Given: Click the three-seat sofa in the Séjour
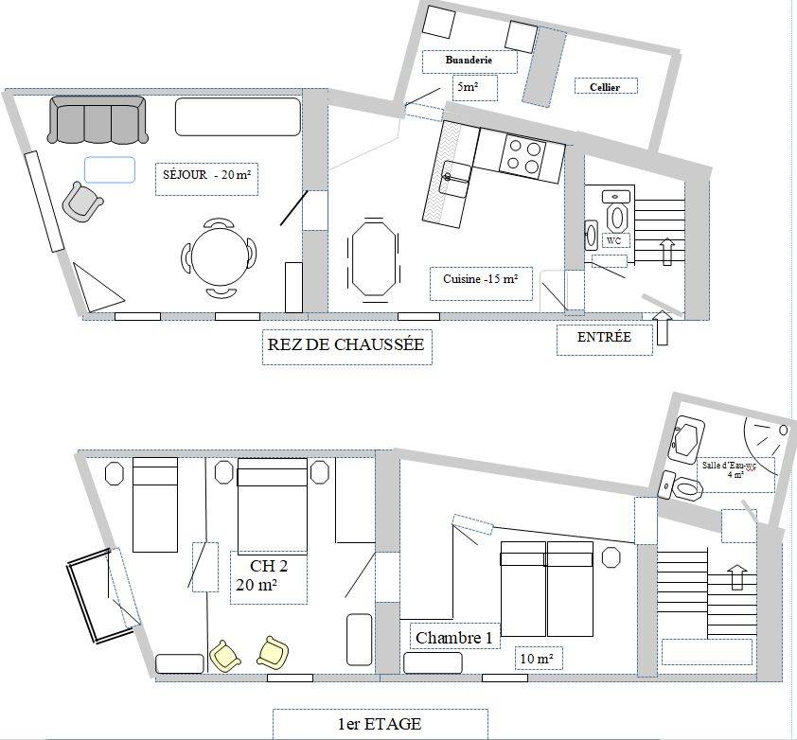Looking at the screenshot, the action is (97, 120).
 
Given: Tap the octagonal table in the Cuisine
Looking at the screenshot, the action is (374, 256).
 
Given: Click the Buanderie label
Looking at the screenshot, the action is (469, 60).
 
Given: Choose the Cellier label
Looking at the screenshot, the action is (605, 87).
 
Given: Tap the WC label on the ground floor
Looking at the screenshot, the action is (614, 240).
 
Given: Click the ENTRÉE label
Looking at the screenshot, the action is (604, 337).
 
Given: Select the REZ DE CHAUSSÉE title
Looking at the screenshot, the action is (345, 344).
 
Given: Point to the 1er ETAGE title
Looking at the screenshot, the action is (380, 724).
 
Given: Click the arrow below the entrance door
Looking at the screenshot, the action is (663, 327).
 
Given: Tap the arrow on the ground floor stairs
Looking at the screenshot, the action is (667, 252).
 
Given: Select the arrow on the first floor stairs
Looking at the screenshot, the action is (736, 577).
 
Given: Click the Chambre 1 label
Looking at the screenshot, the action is (454, 638).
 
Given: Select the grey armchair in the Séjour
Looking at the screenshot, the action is (81, 202).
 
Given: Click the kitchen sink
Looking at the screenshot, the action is (454, 179).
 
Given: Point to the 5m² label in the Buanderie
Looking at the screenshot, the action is (468, 86).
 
